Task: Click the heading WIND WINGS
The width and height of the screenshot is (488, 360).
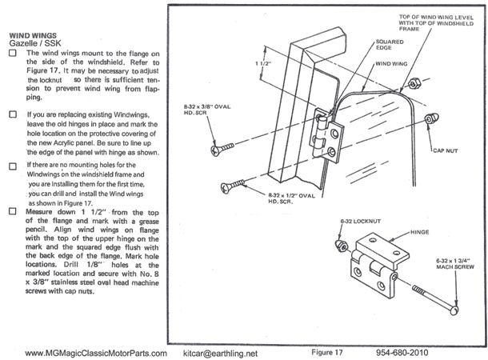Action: pos(31,37)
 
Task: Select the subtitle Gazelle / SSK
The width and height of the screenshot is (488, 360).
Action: pos(36,46)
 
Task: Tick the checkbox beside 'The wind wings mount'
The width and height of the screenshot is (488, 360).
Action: pos(12,54)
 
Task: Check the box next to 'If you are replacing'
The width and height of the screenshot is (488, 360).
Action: pos(12,115)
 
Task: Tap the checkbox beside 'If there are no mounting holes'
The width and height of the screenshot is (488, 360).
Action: pos(12,165)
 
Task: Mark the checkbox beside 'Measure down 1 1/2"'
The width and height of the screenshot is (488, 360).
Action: pos(12,212)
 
